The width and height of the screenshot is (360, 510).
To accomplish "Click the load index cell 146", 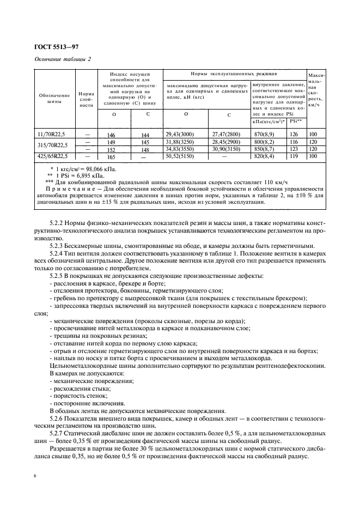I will coord(112,135).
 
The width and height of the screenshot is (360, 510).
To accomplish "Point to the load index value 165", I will coord(112,157).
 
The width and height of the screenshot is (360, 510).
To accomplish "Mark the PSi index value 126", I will coord(295,134).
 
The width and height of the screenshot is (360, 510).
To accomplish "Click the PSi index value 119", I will coord(295,156).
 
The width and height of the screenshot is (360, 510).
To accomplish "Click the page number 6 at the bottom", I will coord(35,476).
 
